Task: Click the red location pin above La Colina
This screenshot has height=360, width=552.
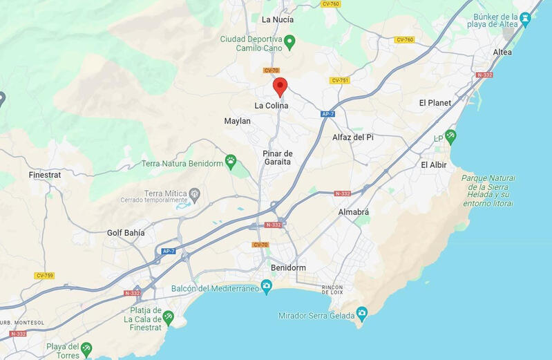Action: point(280,86)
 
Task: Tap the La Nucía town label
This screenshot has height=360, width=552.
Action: point(278,19)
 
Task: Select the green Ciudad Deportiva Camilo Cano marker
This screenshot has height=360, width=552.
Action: point(290,42)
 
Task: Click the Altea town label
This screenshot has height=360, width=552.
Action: point(502,53)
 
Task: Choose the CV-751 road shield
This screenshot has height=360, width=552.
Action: point(340,80)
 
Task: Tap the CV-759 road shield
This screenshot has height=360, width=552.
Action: point(44,276)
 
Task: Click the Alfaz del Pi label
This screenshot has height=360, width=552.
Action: point(352,137)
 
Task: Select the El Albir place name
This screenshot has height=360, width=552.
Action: point(433,164)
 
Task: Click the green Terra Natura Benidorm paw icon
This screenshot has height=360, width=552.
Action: point(231,162)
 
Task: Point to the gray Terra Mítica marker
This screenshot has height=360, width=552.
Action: point(195,193)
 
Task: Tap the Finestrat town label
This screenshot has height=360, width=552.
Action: point(45,175)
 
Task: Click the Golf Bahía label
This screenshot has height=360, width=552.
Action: point(126,233)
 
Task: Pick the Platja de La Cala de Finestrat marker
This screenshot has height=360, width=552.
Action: point(167,318)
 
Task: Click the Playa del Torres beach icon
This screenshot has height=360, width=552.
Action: point(86,348)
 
